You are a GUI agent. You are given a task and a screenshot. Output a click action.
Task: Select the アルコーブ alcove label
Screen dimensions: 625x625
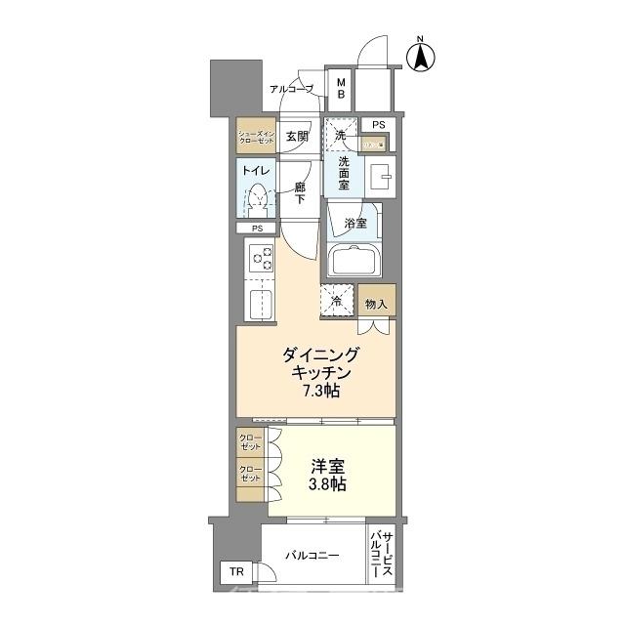292,89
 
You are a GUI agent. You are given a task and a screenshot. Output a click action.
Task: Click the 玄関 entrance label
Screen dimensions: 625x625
296,138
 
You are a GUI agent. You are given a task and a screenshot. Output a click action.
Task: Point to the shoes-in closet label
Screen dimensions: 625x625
257,138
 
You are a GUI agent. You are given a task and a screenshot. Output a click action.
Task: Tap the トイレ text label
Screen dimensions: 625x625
256,170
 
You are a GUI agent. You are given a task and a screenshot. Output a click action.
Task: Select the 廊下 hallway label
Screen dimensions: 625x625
300,191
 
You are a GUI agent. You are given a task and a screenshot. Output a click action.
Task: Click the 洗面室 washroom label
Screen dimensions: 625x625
338,171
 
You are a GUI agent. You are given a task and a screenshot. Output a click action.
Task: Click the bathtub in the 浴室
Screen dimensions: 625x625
355,263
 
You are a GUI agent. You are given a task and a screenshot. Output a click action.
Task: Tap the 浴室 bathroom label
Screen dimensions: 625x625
355,224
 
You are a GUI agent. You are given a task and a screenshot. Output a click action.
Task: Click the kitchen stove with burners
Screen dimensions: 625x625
261,259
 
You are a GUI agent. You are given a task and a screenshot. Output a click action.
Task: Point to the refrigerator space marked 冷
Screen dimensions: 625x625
337,302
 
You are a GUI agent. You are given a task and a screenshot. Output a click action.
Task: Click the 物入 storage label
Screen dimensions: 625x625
376,304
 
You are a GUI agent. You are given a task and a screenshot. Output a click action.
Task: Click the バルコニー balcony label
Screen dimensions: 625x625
312,555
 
